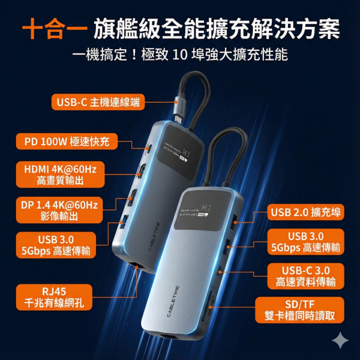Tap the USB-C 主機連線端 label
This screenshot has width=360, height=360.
tap(98, 102)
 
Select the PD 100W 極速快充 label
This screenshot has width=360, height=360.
tap(67, 142)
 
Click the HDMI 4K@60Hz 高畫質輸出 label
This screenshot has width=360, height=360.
tap(60, 174)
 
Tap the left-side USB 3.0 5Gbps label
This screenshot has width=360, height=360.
tap(56, 245)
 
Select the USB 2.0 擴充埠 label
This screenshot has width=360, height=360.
tap(307, 211)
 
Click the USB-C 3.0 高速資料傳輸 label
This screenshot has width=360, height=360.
tap(306, 275)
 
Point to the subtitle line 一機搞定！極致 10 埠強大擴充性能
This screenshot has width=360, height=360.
tap(179, 55)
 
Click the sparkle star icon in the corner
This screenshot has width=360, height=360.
tap(340, 340)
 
